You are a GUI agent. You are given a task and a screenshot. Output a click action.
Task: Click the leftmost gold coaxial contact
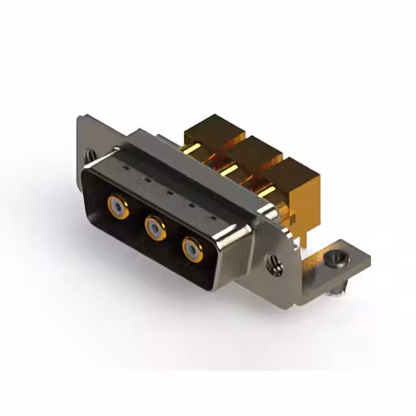coord(117,206)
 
